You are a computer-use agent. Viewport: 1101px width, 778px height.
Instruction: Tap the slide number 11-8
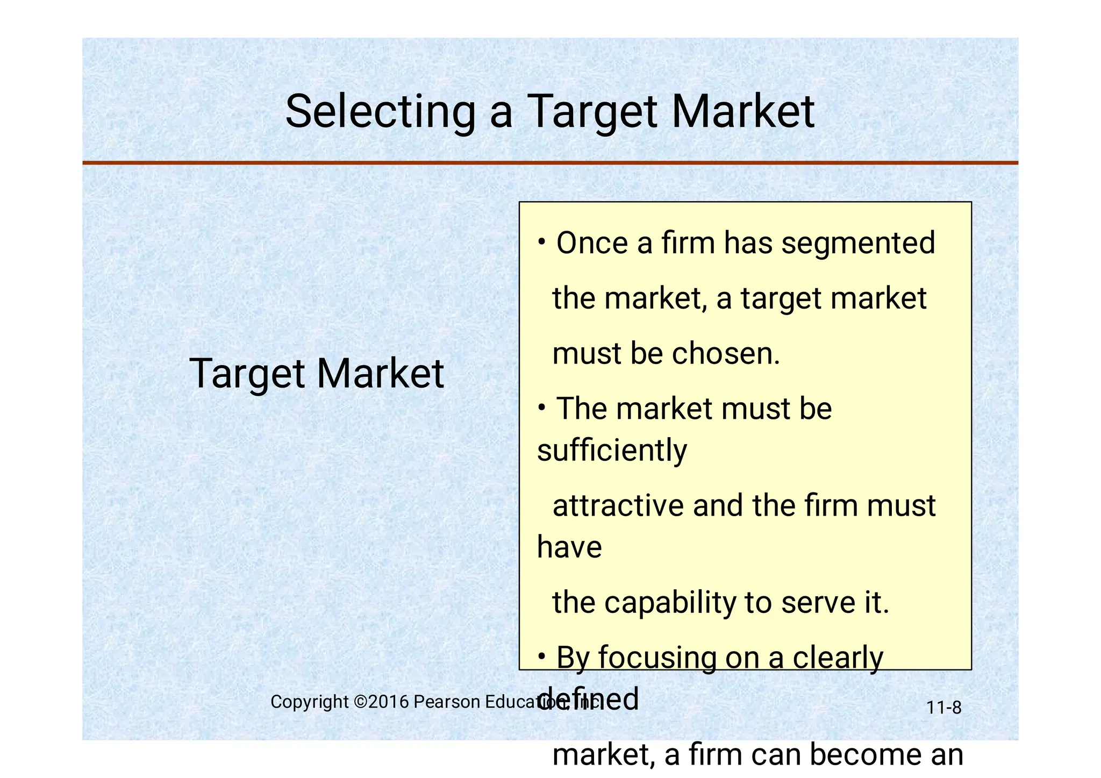943,708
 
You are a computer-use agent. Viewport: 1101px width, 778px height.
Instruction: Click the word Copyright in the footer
310,702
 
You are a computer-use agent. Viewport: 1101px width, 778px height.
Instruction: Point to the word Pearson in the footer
447,702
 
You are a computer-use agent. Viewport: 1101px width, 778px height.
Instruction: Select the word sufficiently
612,450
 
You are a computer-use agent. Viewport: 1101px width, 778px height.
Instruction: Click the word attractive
618,506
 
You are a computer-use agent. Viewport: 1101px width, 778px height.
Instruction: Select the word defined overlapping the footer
588,699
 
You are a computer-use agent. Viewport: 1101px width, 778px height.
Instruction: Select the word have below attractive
569,547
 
